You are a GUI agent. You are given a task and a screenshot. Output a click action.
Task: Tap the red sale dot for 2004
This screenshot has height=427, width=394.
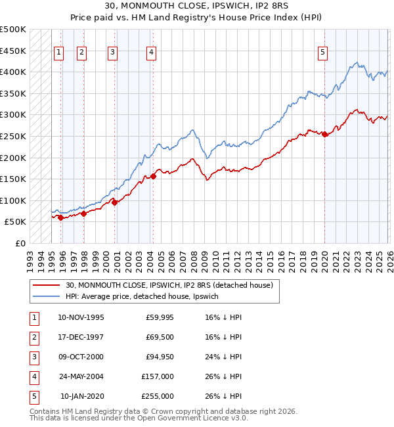pos(153,176)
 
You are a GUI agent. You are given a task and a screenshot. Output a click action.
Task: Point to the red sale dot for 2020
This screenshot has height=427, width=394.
pos(325,134)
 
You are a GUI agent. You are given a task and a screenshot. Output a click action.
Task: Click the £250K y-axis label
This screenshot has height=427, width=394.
pos(13,137)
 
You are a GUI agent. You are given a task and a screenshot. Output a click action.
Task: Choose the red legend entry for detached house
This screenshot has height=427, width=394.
pos(173,286)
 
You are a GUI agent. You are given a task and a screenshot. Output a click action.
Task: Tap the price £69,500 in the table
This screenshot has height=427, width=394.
pos(160,337)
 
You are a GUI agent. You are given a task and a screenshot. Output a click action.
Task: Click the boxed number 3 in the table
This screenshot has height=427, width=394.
pos(32,357)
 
